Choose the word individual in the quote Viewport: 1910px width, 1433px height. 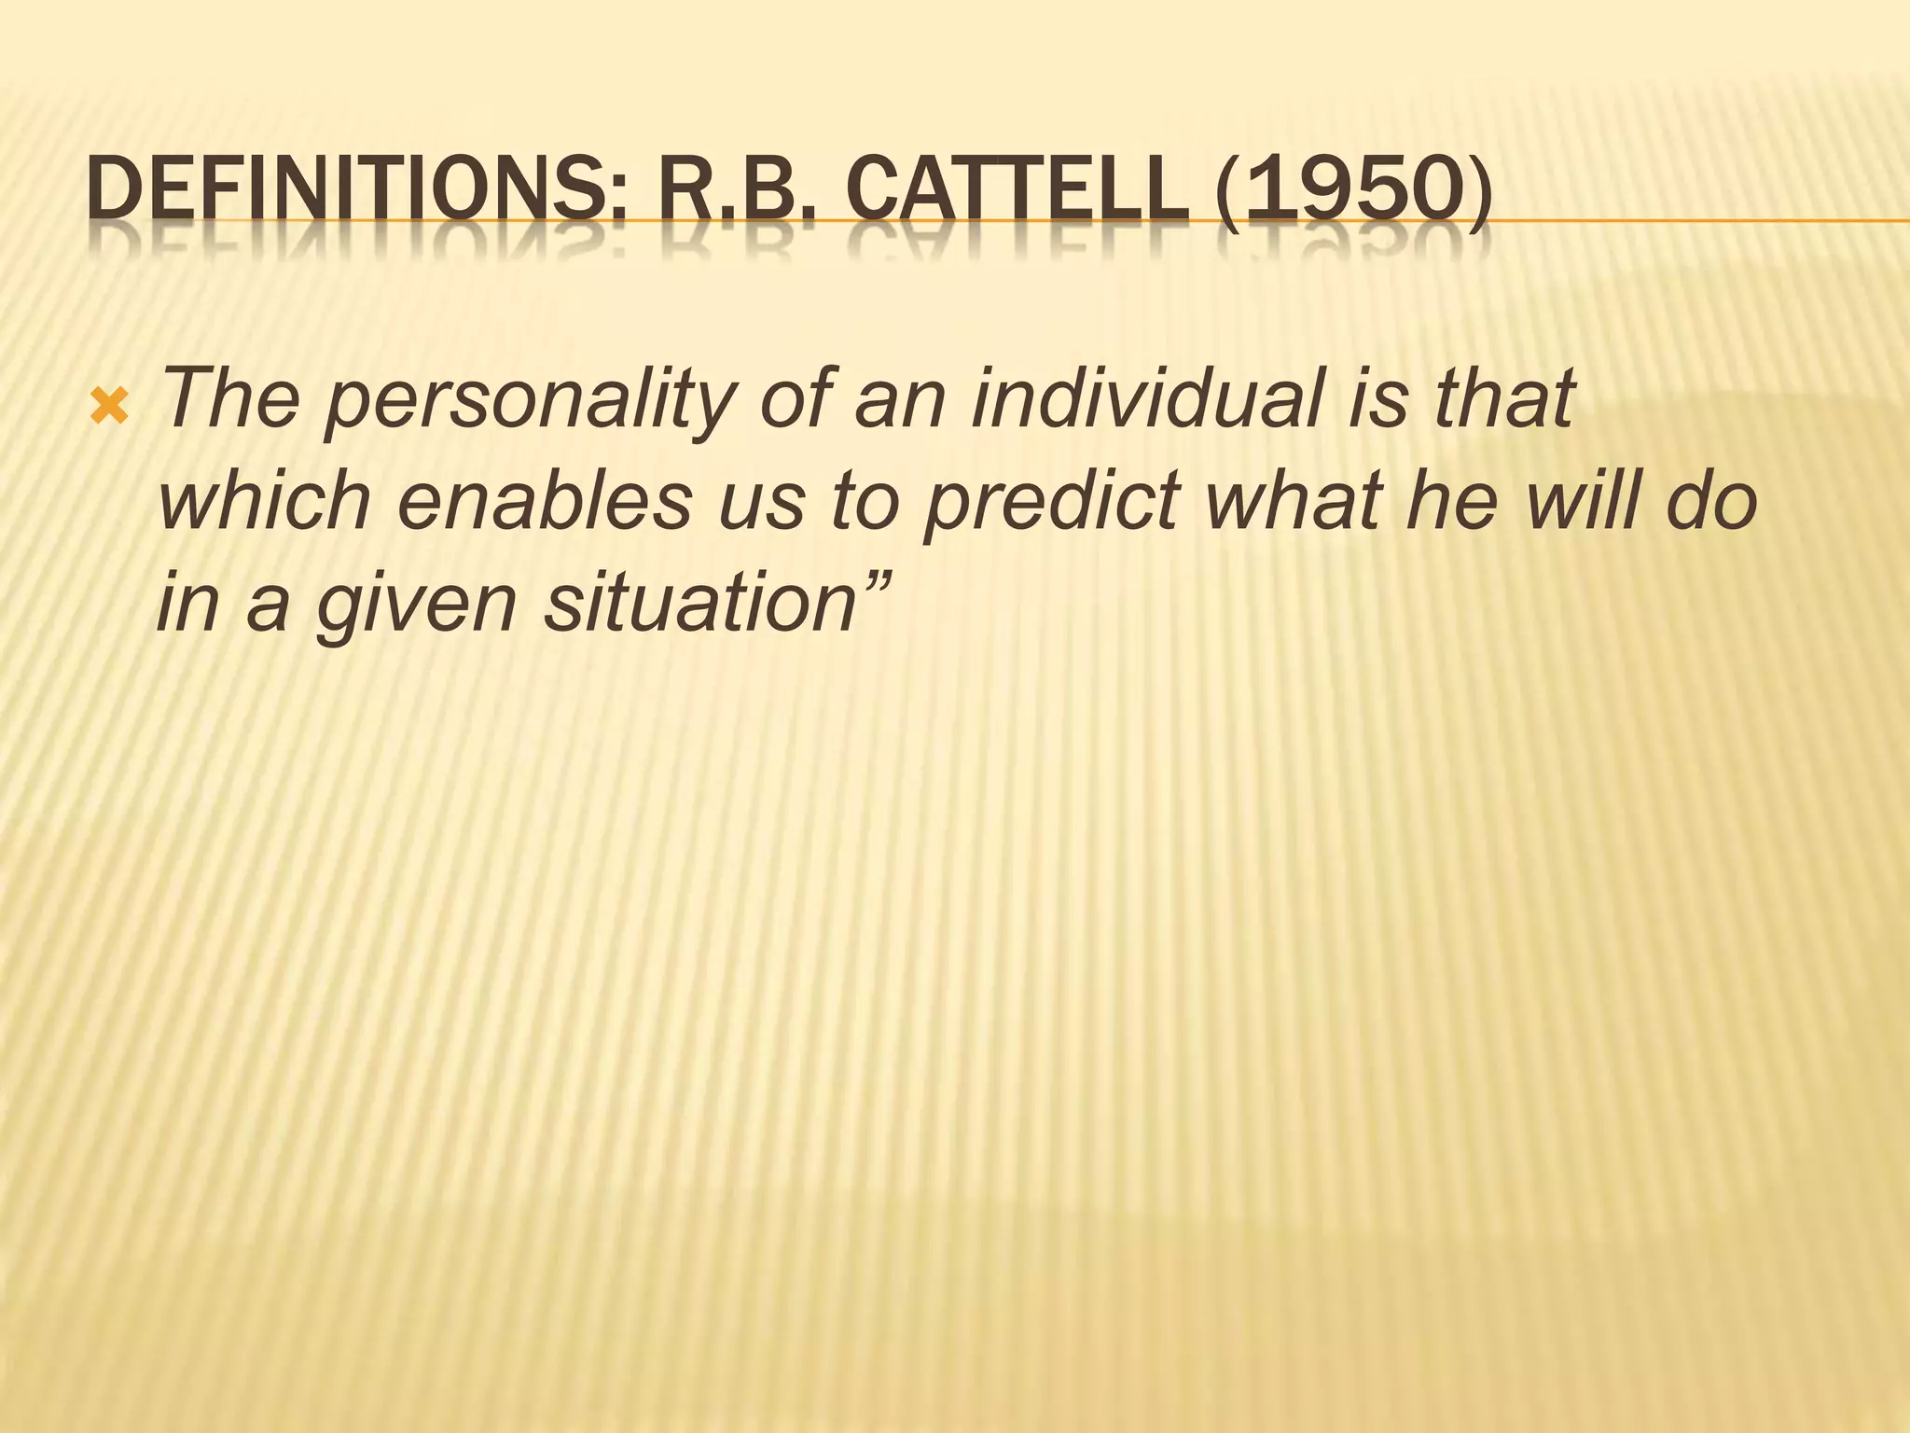(1146, 398)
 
